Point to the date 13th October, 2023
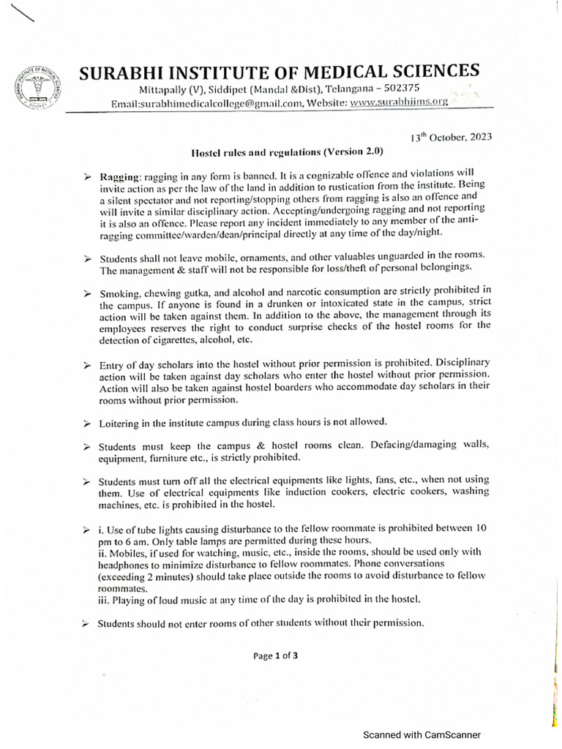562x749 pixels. [x=451, y=137]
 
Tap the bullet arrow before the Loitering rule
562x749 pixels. [x=86, y=423]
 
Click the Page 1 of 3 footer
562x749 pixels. [x=276, y=656]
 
